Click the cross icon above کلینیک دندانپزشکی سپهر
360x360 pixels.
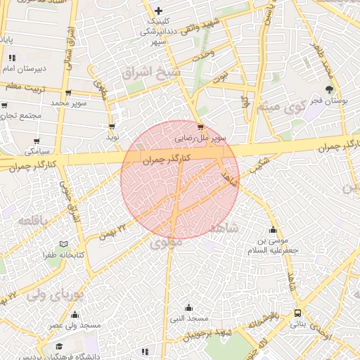(159, 11)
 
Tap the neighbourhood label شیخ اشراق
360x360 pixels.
(150, 72)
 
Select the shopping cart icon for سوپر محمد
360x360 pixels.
(67, 93)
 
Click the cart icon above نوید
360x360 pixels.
(112, 127)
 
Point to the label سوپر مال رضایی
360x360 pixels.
(200, 139)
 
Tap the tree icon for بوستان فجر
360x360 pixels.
(329, 89)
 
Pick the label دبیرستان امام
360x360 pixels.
(25, 69)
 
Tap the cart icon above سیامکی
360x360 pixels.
(37, 141)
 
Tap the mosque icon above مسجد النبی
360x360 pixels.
(188, 307)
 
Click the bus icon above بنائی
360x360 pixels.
(298, 313)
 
